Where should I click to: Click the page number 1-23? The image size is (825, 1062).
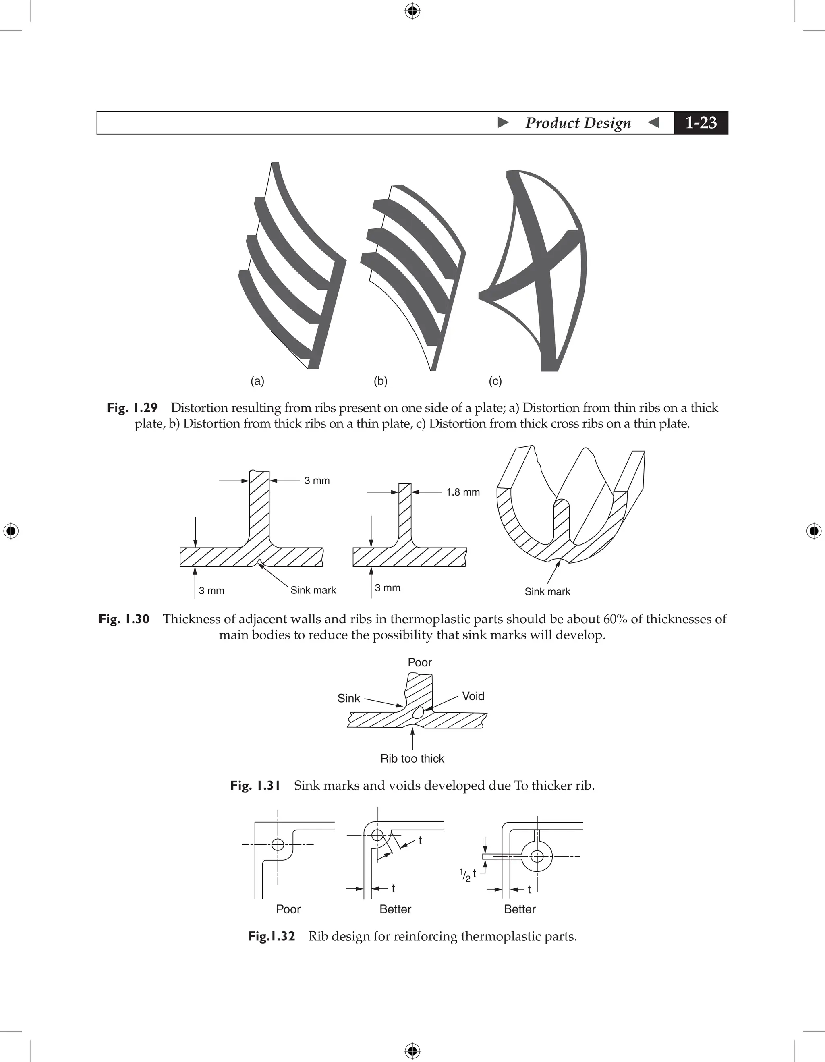coord(701,122)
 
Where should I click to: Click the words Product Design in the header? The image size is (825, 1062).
coord(578,122)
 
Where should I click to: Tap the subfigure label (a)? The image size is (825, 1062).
coord(257,381)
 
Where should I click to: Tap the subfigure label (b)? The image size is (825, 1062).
coord(380,381)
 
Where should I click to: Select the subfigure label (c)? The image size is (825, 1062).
coord(495,381)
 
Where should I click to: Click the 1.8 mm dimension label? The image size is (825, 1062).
coord(463,492)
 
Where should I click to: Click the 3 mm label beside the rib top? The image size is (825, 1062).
coord(317,480)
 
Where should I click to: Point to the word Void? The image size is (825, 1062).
coord(473,696)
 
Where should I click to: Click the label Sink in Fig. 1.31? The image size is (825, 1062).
coord(348,698)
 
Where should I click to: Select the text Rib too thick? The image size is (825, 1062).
coord(412,759)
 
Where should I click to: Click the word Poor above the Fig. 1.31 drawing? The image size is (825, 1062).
coord(419,662)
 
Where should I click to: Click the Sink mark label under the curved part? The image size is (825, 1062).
coord(547,591)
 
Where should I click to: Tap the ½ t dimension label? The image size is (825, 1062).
coord(467,875)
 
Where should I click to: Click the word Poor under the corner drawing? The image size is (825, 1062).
coord(288,909)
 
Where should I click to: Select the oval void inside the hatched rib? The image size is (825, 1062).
coord(418,714)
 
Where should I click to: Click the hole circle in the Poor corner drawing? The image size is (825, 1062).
coord(278,844)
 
